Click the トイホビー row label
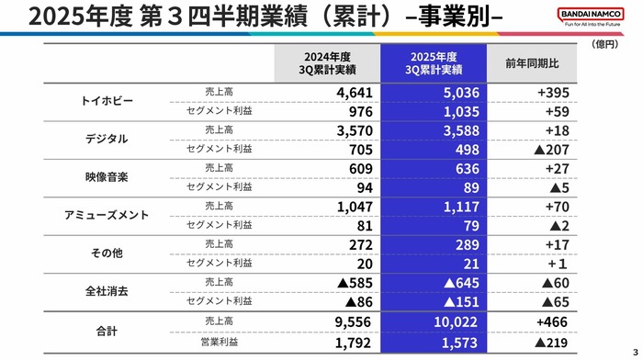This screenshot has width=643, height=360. coord(108,100)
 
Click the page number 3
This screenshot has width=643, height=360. coord(634,351)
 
